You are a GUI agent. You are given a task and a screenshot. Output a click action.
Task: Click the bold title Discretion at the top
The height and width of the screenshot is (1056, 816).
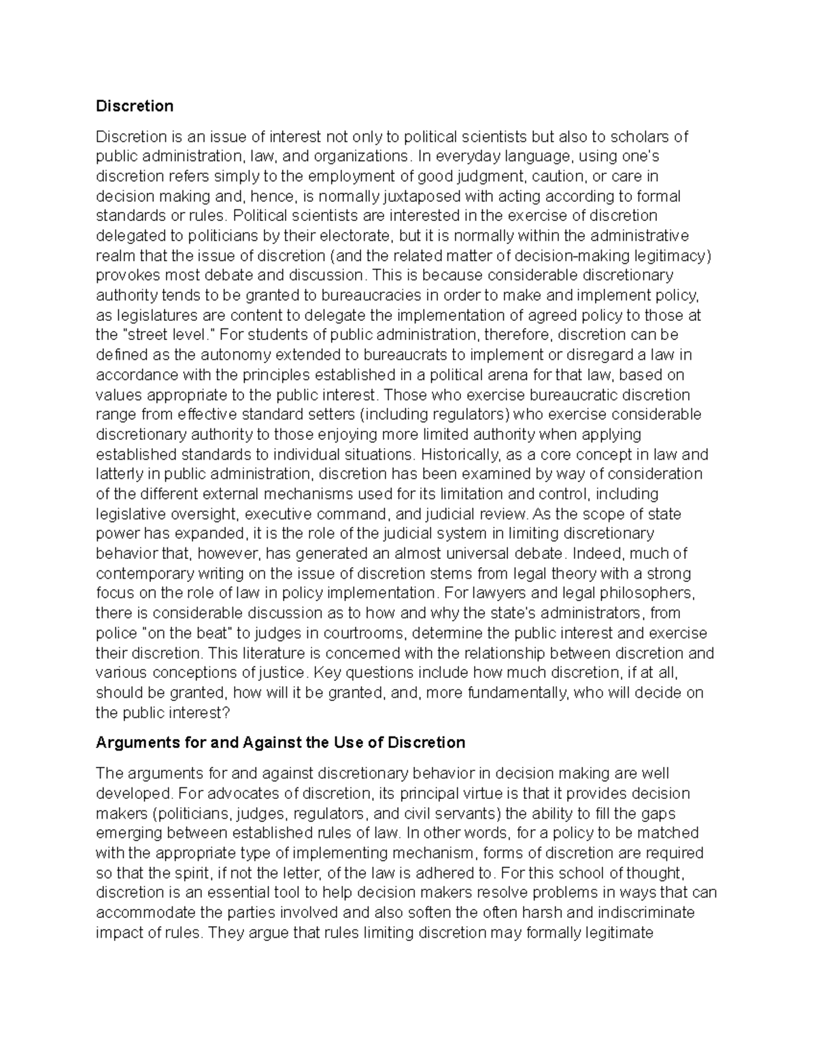click(135, 106)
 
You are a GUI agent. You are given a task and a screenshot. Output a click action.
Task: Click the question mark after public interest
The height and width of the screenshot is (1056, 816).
click(227, 713)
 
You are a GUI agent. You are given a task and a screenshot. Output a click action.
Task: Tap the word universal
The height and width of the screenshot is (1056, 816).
click(473, 553)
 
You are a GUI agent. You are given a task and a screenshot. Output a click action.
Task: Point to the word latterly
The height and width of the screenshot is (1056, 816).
click(118, 474)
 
